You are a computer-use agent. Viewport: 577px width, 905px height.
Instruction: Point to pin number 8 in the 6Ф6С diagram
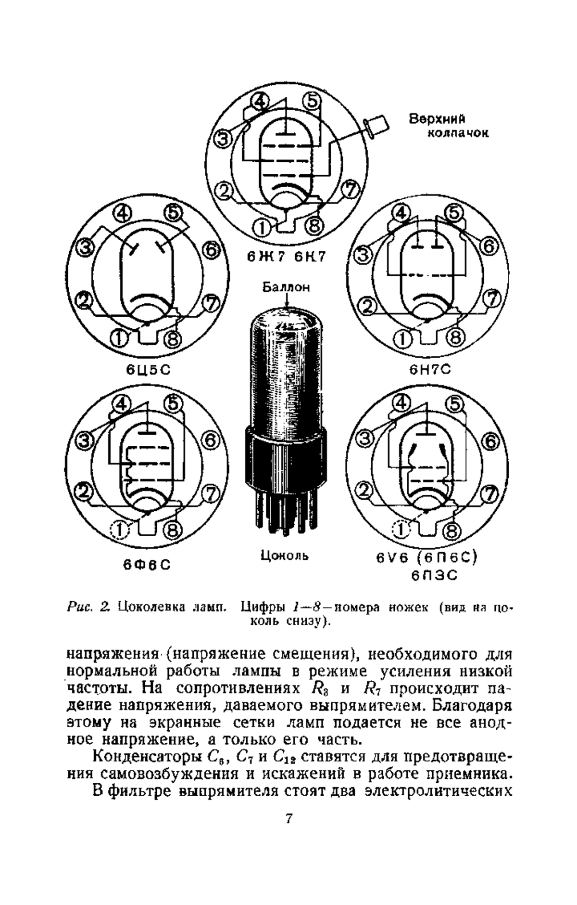[x=172, y=530]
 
